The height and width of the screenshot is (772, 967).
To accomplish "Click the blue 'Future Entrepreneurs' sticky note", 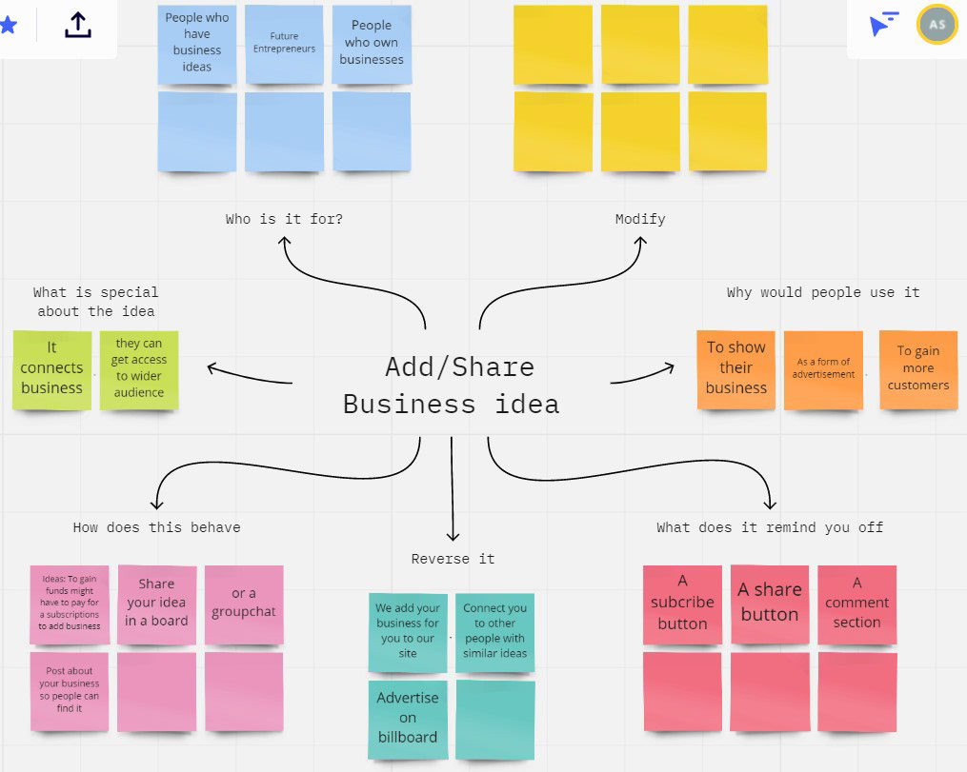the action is coord(284,44).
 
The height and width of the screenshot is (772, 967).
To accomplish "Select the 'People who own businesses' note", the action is coord(372,44).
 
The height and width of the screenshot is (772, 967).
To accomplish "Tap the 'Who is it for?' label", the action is coord(284,219).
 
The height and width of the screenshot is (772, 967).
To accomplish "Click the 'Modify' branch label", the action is coord(640,219).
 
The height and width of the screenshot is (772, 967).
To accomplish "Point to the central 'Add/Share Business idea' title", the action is coord(452,386).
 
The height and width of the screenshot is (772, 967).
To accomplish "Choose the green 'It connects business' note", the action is coord(52,369).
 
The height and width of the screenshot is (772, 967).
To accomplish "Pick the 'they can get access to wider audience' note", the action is coord(139,369).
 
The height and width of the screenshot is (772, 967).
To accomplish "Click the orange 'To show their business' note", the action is coord(736,369).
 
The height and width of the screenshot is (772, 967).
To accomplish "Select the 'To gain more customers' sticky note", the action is coord(918,369).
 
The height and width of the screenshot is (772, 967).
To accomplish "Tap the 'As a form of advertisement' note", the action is coord(823,369).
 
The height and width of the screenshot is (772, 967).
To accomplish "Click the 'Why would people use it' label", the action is coord(823,292).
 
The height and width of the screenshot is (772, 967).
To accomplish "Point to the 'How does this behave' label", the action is coord(156,527).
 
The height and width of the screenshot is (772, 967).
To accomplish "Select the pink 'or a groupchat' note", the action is coord(244,604).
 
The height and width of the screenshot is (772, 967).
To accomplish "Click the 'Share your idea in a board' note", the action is coord(156,604).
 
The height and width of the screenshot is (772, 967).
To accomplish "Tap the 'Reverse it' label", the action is coord(453,559).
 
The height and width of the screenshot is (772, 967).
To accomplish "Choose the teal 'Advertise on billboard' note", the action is coord(408,719).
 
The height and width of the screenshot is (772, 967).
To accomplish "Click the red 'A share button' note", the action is coord(770,604).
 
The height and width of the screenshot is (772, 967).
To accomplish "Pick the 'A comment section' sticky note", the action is coord(857,604).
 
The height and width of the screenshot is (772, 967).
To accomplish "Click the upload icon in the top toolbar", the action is coord(78,26).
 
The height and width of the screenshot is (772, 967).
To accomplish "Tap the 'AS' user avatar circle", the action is coord(937,26).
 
